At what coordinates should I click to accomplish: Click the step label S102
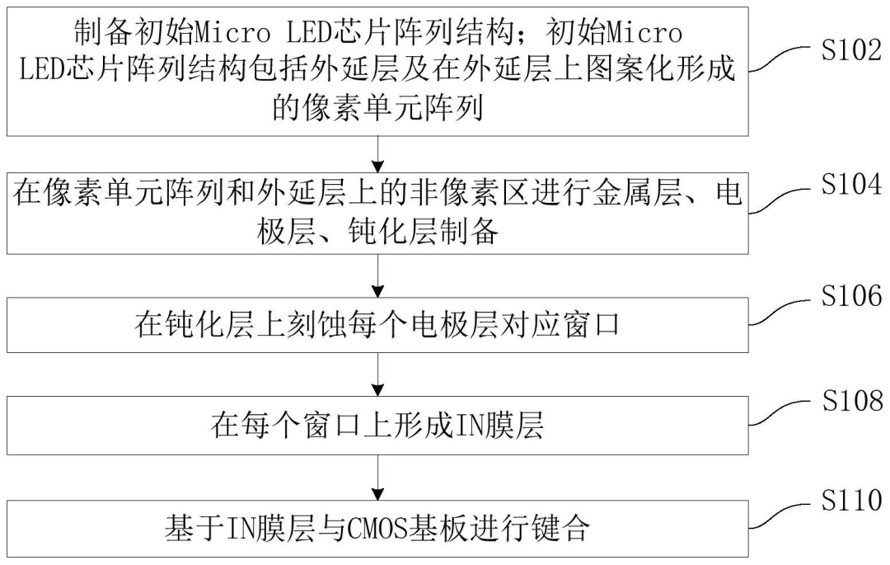pyautogui.click(x=848, y=50)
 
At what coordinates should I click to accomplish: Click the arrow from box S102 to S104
pyautogui.click(x=378, y=153)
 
